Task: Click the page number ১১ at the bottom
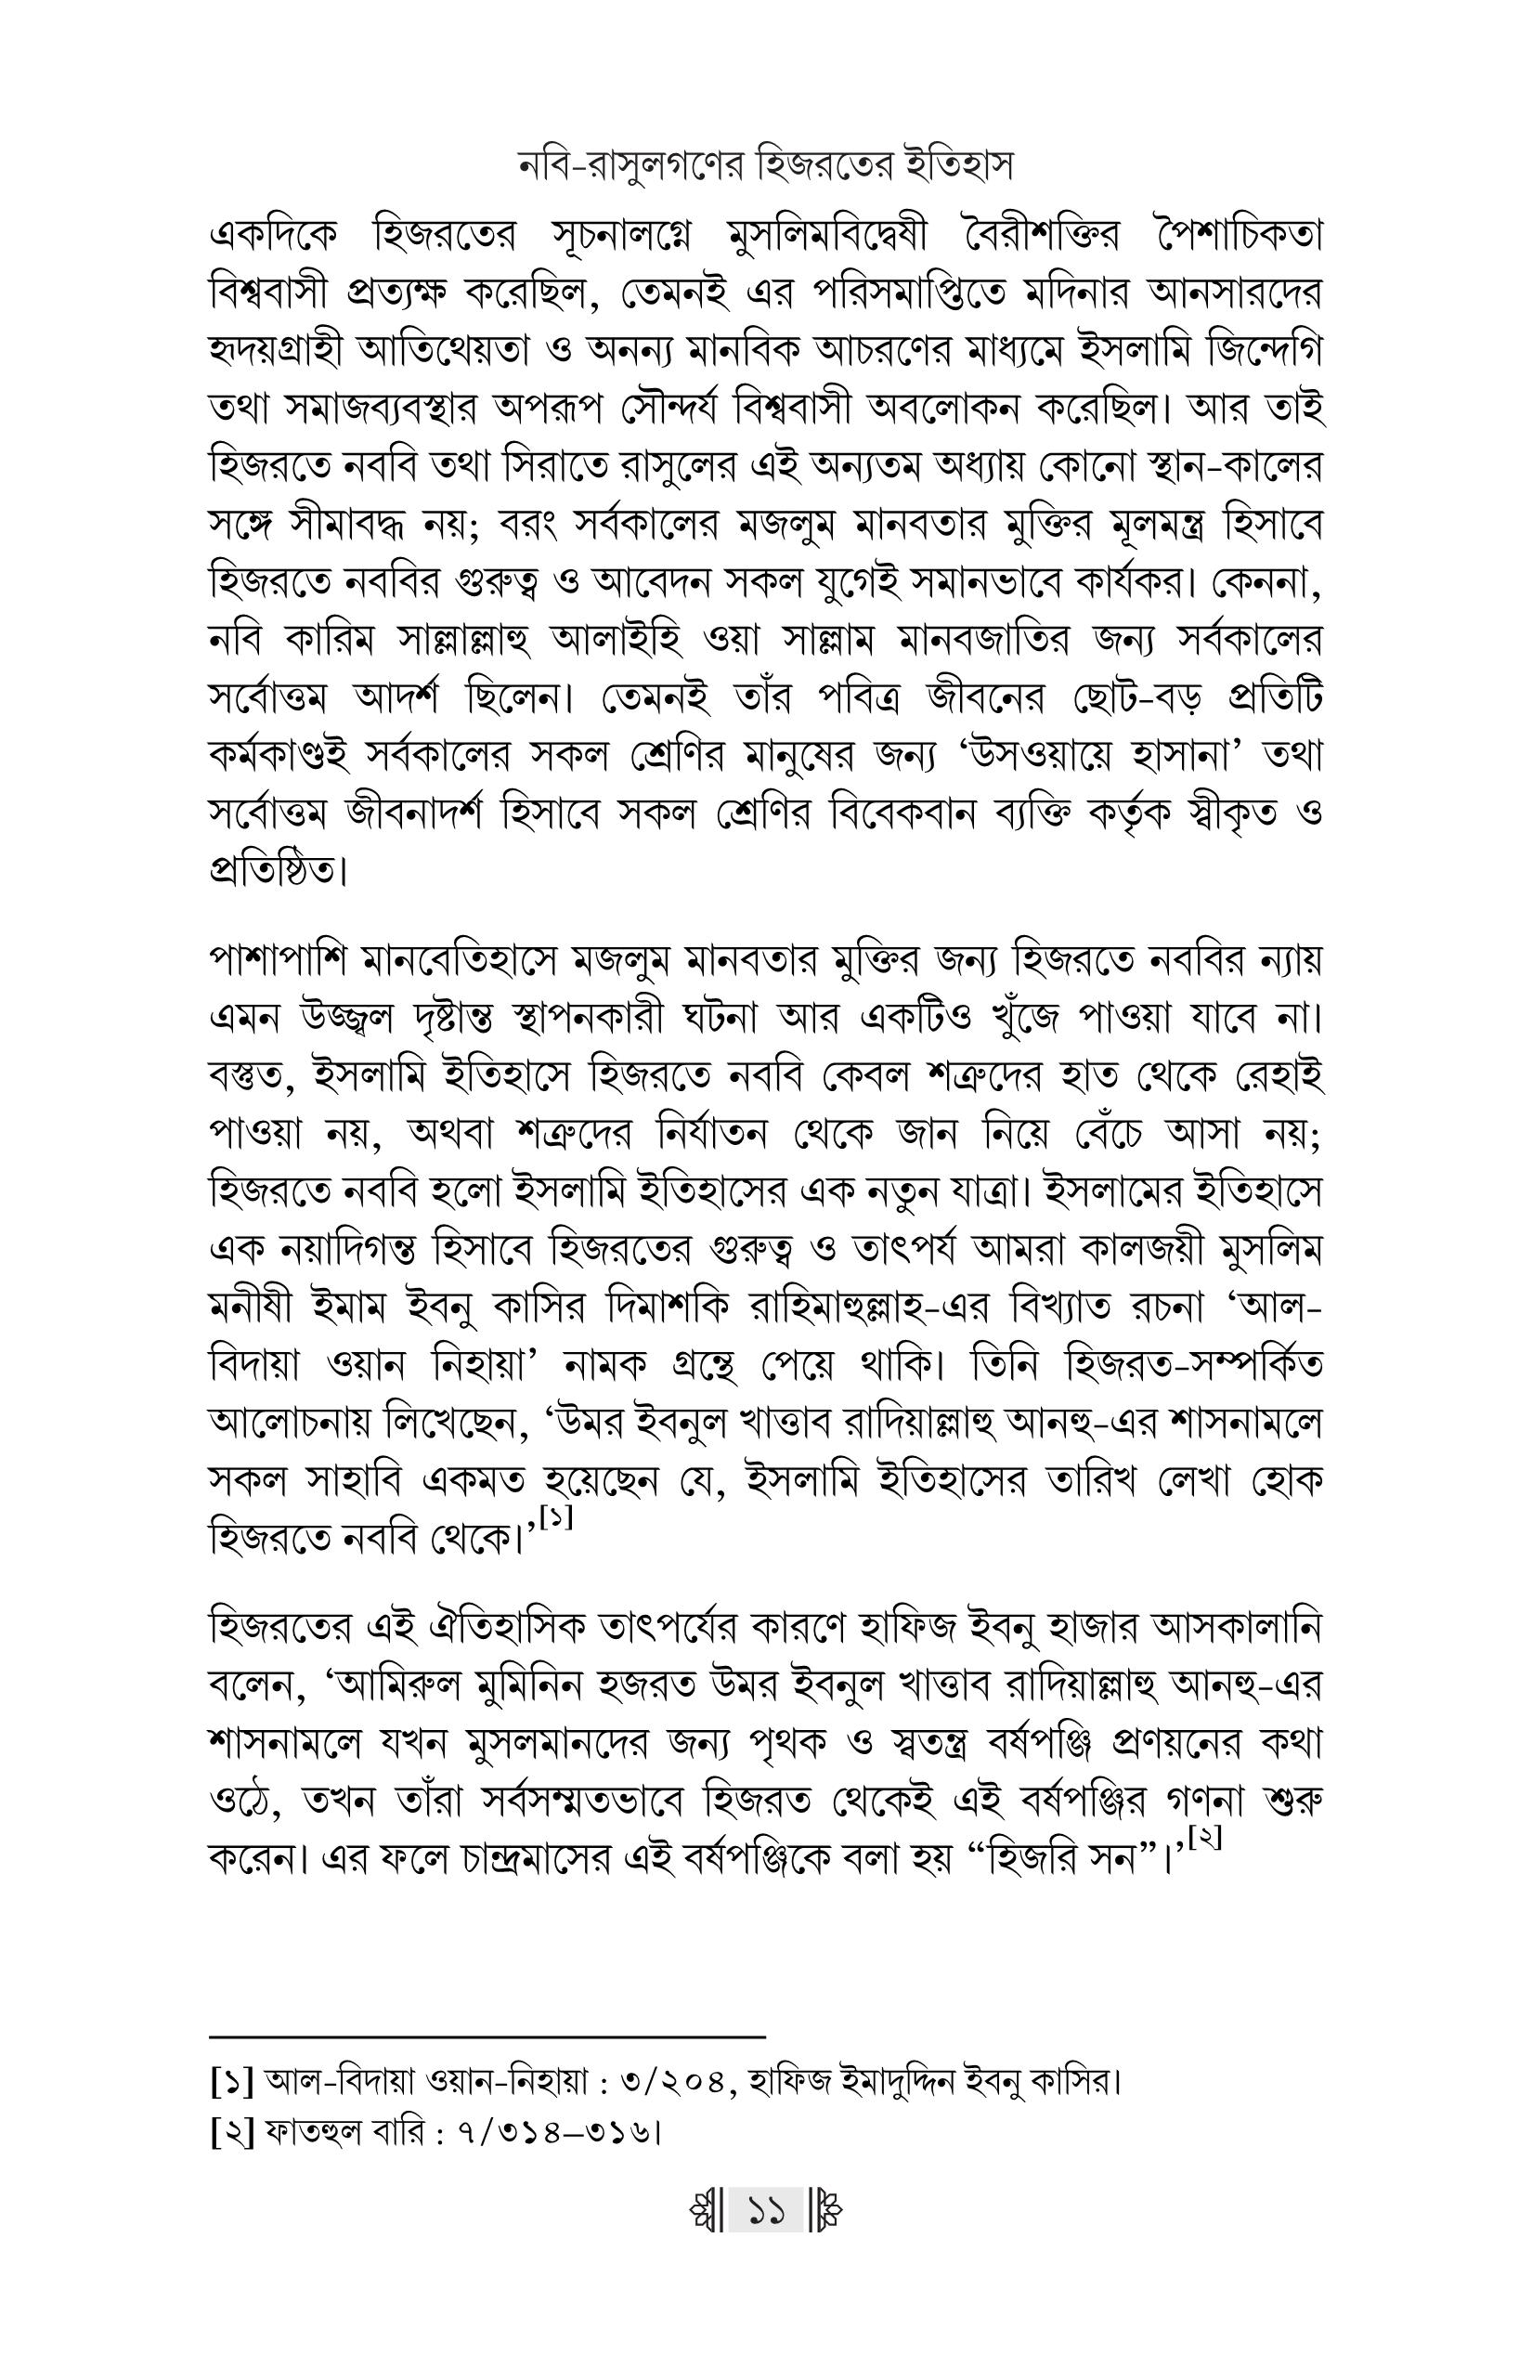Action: click(x=765, y=2213)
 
